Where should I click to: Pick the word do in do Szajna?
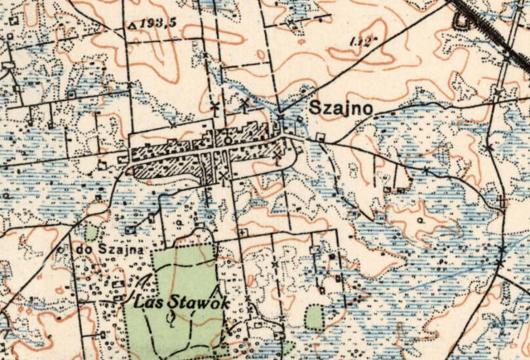click(x=82, y=248)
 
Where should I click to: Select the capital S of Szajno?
click(x=316, y=108)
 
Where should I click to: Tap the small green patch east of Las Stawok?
click(x=316, y=317)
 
